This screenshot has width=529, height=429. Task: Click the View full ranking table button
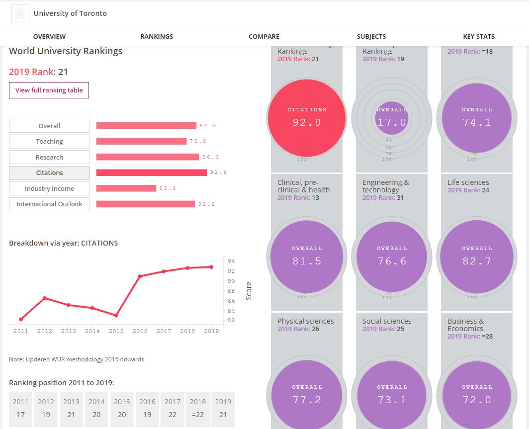(x=49, y=90)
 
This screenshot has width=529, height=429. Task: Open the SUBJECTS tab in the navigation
(x=371, y=36)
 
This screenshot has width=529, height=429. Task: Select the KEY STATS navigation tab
(x=478, y=36)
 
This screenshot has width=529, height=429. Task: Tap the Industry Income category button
(x=49, y=188)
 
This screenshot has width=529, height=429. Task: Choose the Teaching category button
(x=49, y=141)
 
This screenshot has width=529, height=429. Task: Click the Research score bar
(x=147, y=157)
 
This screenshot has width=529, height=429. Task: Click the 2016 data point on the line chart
(x=140, y=276)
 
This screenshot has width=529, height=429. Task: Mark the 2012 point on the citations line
(x=45, y=298)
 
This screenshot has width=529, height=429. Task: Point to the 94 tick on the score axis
(x=231, y=261)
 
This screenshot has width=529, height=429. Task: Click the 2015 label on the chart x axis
(x=116, y=331)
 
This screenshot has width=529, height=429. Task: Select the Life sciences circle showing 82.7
(x=476, y=256)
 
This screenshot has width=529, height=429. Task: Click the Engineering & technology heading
(x=385, y=186)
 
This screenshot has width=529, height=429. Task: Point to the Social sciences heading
(x=386, y=321)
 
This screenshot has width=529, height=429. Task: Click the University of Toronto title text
(x=70, y=13)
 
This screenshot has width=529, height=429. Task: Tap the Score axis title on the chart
(x=249, y=291)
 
